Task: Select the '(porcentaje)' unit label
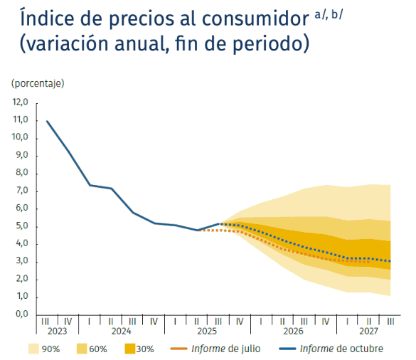coord(38,83)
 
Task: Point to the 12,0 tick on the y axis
coord(20,102)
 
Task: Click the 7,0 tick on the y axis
coord(20,191)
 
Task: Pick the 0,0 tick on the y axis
coord(20,314)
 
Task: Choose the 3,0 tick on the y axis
coord(20,261)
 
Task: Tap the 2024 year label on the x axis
coord(121,332)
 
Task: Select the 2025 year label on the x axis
coord(207,332)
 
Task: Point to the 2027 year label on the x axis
coord(368,332)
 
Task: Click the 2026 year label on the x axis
coord(293,332)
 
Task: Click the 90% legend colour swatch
coord(34,349)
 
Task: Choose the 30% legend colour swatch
coord(130,349)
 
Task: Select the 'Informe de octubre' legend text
coord(341,349)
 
